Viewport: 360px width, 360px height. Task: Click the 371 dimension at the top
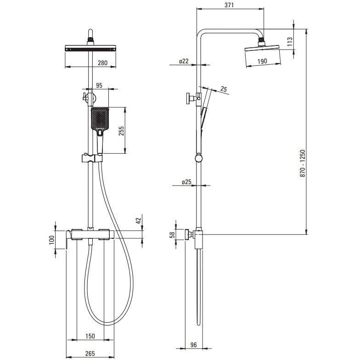[229, 5]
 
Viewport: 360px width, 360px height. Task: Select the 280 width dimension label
[102, 62]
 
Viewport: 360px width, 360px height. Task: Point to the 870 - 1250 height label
[303, 163]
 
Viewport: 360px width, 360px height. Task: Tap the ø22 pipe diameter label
[184, 61]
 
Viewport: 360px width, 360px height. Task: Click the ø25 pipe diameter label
[186, 182]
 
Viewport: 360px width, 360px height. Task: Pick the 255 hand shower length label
[121, 131]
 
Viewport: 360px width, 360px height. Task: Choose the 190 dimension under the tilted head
[262, 61]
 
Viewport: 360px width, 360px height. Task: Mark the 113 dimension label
[290, 41]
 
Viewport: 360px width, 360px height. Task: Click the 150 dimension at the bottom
[90, 336]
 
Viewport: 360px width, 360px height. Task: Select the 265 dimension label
[90, 354]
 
